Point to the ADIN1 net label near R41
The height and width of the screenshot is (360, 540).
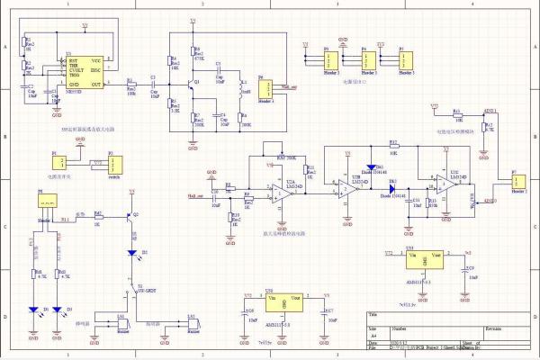490,111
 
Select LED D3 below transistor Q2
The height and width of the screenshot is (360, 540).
132,253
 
